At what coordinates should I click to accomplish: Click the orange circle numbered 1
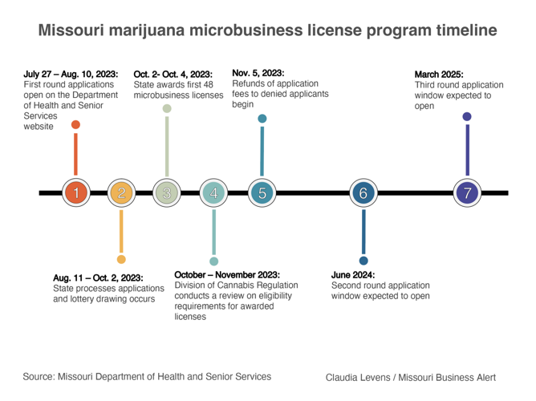75,192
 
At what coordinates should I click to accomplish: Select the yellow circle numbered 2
121,192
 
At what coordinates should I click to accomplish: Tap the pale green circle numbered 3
167,192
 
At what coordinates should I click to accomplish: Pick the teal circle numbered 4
213,192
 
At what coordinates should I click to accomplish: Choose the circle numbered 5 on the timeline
262,192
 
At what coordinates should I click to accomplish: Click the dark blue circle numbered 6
363,192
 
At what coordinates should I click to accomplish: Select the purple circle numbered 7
468,192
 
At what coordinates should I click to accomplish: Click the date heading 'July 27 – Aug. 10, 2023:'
71,74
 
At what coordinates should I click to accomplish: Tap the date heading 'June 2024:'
353,274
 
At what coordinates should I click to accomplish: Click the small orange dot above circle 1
75,124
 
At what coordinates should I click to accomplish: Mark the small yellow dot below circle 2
121,259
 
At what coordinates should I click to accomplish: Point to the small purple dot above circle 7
468,117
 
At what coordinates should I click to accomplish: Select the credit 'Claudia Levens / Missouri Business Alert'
411,377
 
